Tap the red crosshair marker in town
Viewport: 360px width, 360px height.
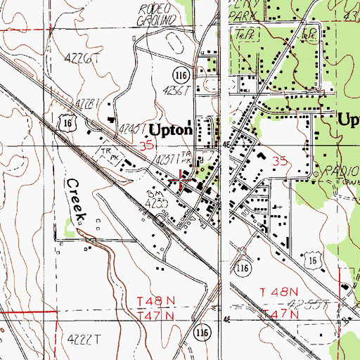tap(184, 179)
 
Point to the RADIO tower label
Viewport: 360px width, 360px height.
tap(337, 170)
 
